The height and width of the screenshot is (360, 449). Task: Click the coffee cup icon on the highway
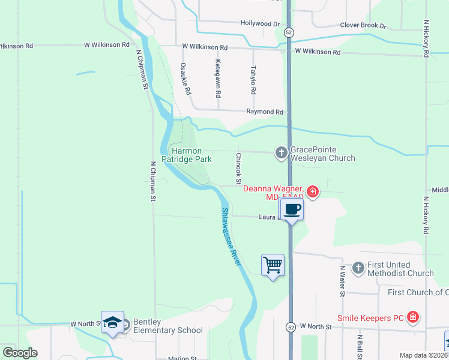tap(292, 209)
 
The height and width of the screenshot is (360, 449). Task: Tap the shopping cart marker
tap(273, 264)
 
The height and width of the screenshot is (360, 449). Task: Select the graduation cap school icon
tap(113, 322)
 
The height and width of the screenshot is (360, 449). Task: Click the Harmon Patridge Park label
tap(190, 155)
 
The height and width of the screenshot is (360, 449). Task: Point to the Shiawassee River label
tap(231, 237)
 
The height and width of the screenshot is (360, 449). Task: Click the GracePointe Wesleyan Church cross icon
tap(281, 153)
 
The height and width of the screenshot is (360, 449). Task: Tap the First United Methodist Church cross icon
tap(358, 268)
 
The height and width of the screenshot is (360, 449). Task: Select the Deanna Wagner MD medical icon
tap(312, 192)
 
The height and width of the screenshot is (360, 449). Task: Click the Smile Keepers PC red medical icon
tap(412, 317)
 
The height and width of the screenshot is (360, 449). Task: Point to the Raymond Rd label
tap(265, 112)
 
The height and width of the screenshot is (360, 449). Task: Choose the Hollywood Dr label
tap(261, 24)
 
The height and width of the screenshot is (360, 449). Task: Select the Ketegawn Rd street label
tap(218, 79)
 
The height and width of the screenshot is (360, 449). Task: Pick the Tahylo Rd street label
tap(253, 80)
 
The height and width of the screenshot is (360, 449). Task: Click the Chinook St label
tap(238, 168)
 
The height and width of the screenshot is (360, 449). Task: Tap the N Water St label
tap(342, 281)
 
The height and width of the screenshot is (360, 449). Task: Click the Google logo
tap(20, 353)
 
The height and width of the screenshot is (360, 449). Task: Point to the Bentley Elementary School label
tap(167, 326)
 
